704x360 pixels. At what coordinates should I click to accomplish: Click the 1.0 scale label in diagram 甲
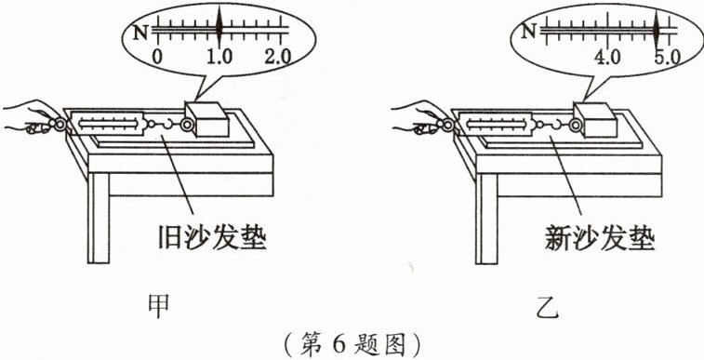click(x=220, y=57)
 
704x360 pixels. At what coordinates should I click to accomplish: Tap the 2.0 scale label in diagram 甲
click(x=277, y=57)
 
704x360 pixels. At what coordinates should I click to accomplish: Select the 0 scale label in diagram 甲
click(x=156, y=57)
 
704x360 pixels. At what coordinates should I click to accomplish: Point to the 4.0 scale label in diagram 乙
click(x=607, y=58)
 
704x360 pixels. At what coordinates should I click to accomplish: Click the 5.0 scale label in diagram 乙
click(x=668, y=58)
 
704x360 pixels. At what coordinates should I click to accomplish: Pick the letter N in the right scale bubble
click(x=530, y=31)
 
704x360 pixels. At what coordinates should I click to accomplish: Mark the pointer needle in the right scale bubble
click(x=656, y=28)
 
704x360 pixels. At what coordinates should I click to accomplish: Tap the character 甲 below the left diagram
click(x=159, y=306)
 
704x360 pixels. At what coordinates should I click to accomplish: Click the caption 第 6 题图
click(x=353, y=345)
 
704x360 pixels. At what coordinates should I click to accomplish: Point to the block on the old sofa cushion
click(x=207, y=119)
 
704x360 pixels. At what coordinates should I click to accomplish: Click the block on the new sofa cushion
click(x=595, y=119)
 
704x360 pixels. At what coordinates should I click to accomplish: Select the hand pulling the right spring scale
click(x=420, y=117)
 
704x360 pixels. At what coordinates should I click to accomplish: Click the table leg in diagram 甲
click(x=99, y=219)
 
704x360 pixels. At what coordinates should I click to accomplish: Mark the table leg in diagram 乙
click(x=486, y=219)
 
